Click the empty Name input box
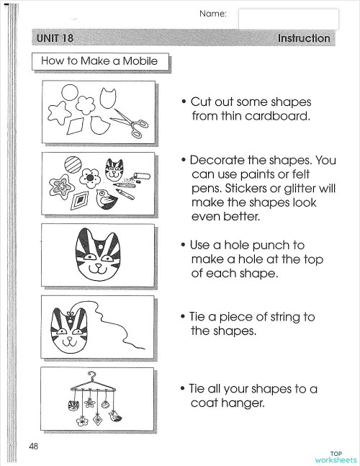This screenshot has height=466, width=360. (288, 19)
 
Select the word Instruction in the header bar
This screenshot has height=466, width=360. (304, 38)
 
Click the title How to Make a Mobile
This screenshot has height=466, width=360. (99, 61)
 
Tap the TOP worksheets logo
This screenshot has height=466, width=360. (336, 456)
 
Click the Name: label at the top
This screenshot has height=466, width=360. (212, 13)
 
